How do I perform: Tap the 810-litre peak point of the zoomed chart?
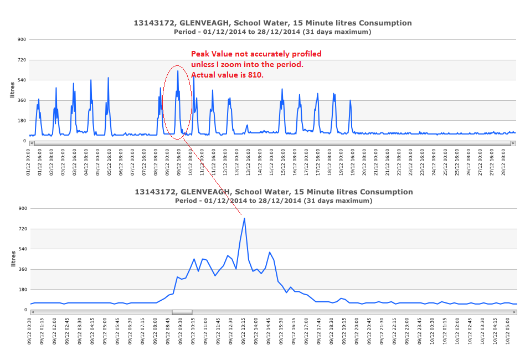tap(244, 218)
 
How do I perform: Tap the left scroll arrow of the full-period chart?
tap(32, 143)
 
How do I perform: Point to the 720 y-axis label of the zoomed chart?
tap(23, 229)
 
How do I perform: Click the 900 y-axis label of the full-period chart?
tap(23, 39)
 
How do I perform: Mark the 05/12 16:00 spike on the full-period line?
tap(109, 78)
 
